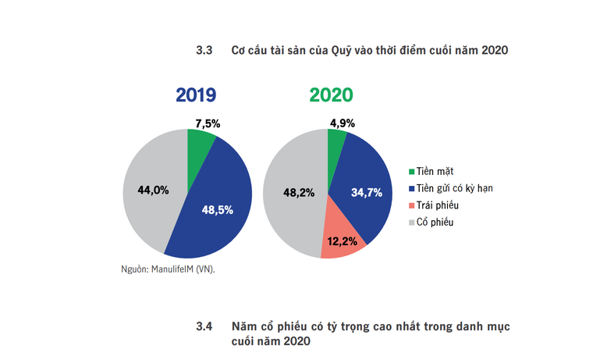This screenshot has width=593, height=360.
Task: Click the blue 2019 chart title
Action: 195,96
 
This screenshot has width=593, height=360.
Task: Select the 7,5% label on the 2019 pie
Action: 208,123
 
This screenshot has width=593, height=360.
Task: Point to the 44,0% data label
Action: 153,189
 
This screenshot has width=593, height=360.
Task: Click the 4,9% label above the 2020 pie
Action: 343,123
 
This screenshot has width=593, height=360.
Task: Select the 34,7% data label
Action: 367,191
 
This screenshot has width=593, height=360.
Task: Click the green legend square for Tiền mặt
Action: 411,171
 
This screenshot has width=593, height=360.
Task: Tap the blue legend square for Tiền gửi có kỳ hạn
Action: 411,188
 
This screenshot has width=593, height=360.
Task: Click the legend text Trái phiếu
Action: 439,205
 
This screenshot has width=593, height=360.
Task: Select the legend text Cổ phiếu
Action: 437,223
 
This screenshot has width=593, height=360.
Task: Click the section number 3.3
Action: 204,52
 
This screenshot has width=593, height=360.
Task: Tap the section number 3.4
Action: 204,326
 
